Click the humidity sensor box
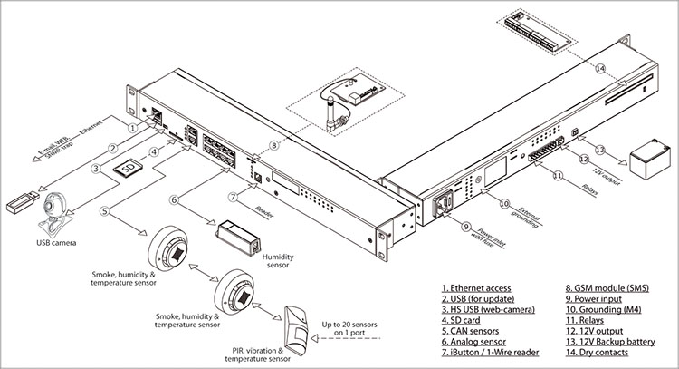pyautogui.click(x=239, y=232)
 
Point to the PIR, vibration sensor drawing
pyautogui.click(x=298, y=323)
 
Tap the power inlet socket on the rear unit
pyautogui.click(x=445, y=207)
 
